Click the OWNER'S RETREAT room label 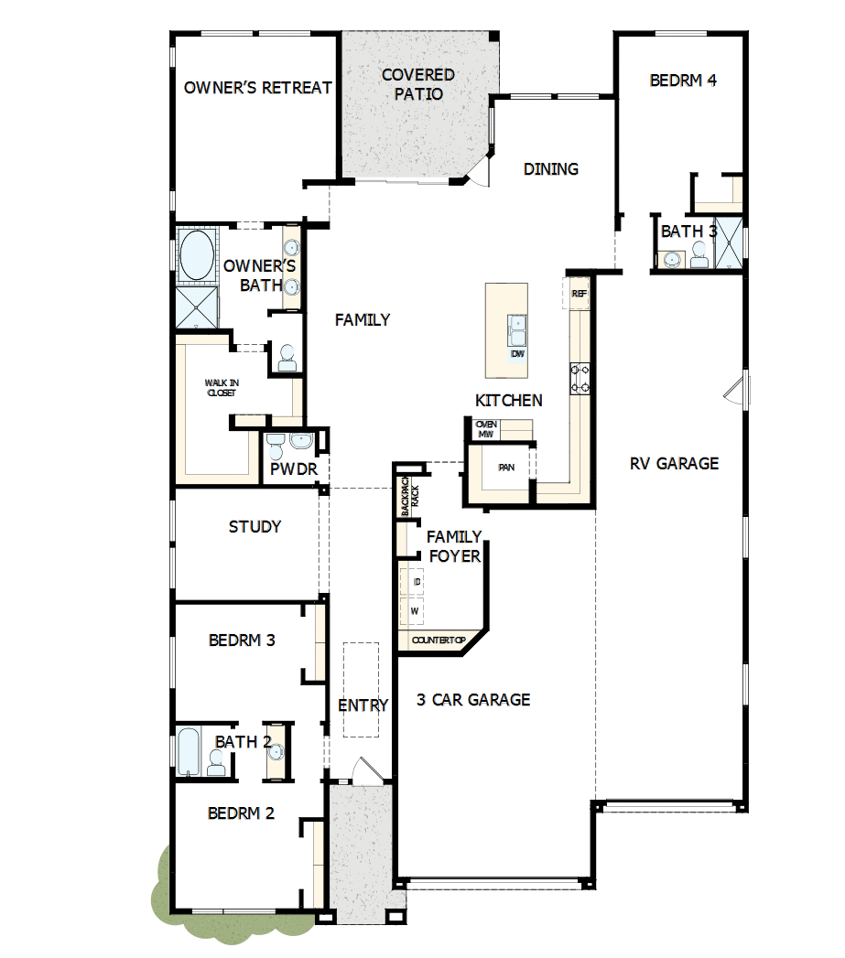257,88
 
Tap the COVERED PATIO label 418,84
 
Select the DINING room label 551,169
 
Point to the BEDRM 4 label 683,81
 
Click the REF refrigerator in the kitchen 579,294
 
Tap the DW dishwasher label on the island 517,353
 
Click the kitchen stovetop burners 580,378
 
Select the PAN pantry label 506,468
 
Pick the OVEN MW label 486,429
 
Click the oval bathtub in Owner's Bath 196,255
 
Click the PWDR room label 294,469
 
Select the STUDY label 255,527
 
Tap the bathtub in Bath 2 189,751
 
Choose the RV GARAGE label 674,463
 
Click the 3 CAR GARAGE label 473,700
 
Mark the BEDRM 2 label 241,813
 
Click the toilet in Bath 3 699,260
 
